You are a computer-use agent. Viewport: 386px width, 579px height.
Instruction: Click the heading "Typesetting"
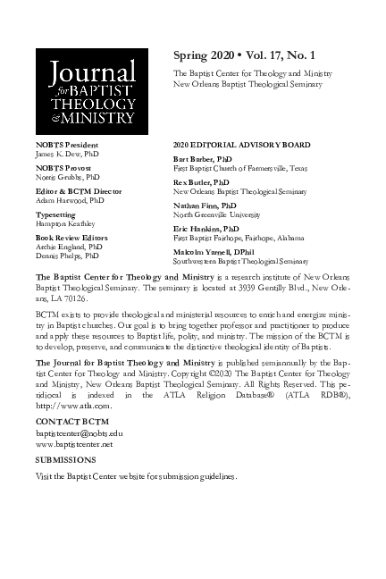pos(56,215)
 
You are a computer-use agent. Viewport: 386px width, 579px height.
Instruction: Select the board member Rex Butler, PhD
pos(201,181)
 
